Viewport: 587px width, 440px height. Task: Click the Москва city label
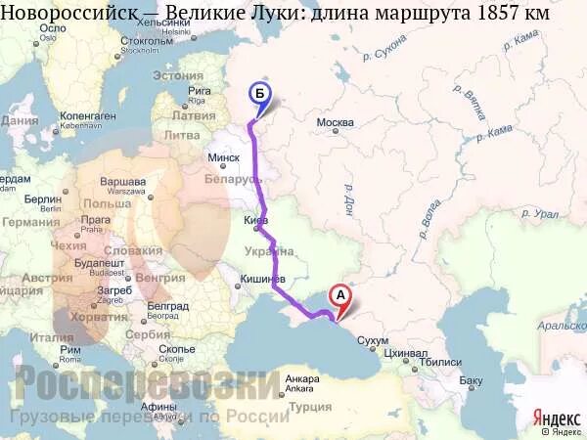pyautogui.click(x=335, y=122)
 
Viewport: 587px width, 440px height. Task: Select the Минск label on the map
pyautogui.click(x=225, y=157)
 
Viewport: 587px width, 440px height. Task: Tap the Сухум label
pyautogui.click(x=374, y=342)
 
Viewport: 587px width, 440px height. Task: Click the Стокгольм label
pyautogui.click(x=147, y=41)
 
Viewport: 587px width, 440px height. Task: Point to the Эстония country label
pyautogui.click(x=178, y=75)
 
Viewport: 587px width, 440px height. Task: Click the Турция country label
pyautogui.click(x=312, y=407)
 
